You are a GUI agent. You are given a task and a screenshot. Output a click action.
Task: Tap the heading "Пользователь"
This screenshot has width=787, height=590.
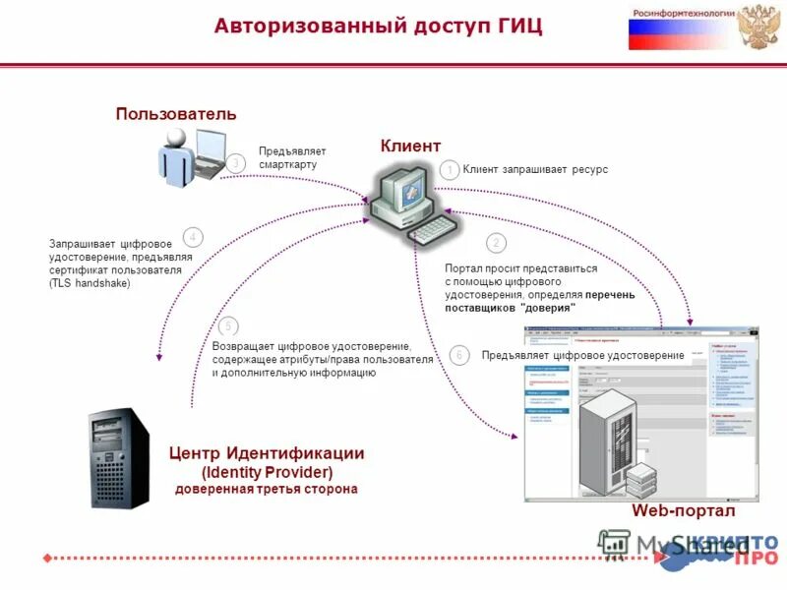[176, 113]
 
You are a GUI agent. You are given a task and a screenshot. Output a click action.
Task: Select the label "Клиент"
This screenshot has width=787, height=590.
[410, 146]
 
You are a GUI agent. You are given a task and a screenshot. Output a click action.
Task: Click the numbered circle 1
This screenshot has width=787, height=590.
[449, 170]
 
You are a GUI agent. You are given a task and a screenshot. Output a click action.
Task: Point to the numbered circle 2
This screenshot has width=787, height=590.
[497, 242]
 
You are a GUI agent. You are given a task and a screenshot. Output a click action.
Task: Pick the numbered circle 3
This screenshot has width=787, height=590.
[235, 163]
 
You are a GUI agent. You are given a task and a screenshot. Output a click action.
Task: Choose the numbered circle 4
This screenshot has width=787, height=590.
[194, 236]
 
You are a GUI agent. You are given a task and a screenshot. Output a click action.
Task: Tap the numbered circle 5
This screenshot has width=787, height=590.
[228, 325]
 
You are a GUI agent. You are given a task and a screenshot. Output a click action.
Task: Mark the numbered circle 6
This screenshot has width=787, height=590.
[458, 354]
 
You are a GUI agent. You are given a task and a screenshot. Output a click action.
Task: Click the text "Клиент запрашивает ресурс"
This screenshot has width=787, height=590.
[535, 170]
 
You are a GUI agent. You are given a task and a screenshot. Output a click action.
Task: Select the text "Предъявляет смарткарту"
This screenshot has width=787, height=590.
[291, 157]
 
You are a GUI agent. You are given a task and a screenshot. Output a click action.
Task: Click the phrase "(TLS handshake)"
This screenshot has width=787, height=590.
[90, 283]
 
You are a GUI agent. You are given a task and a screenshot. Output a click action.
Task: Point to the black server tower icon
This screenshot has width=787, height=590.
[118, 458]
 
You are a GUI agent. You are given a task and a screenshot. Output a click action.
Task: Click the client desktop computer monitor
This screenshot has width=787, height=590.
[402, 193]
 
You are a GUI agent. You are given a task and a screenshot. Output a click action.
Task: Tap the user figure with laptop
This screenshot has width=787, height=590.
[192, 154]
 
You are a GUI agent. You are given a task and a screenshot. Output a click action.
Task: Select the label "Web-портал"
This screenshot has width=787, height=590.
[682, 511]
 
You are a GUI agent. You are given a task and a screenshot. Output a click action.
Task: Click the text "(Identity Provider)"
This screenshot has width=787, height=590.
[267, 471]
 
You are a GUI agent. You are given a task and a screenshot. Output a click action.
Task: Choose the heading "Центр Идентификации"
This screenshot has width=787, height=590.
[267, 453]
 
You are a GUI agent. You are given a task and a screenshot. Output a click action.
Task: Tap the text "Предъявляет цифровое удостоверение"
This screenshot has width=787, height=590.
[582, 355]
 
